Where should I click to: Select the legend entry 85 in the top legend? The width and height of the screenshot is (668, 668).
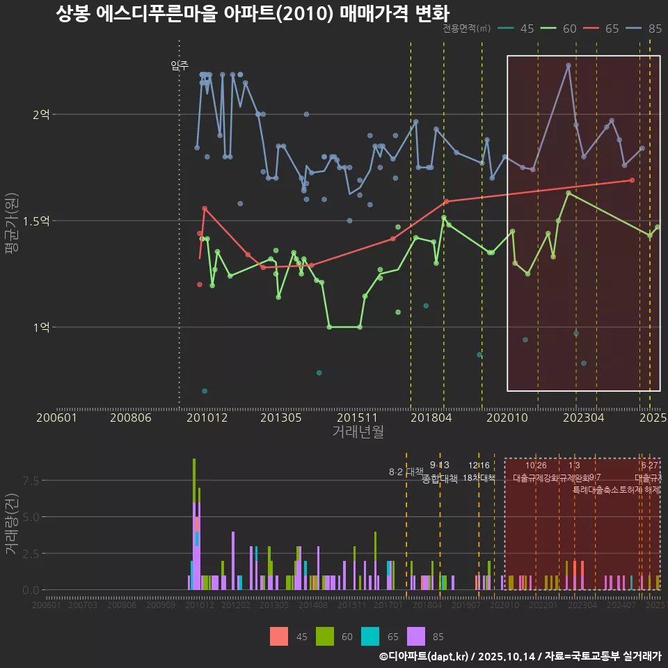[x=654, y=29]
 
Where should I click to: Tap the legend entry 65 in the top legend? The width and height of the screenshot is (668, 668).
[x=612, y=29]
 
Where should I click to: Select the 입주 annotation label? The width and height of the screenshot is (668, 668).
[x=180, y=65]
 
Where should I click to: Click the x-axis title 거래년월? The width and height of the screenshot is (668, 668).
[x=358, y=431]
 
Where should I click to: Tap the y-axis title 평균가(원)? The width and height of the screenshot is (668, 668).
[x=11, y=226]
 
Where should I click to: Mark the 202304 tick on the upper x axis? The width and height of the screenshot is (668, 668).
[x=583, y=417]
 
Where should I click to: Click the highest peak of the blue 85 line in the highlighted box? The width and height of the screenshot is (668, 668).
[x=568, y=65]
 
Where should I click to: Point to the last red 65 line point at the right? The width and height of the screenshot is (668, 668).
[x=632, y=180]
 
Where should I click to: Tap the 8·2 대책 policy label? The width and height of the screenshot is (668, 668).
[x=406, y=472]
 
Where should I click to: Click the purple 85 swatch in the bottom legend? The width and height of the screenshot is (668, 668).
[x=415, y=636]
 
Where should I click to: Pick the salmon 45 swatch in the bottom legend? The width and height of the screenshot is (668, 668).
[x=279, y=636]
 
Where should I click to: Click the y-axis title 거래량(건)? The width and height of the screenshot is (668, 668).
[x=11, y=524]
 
